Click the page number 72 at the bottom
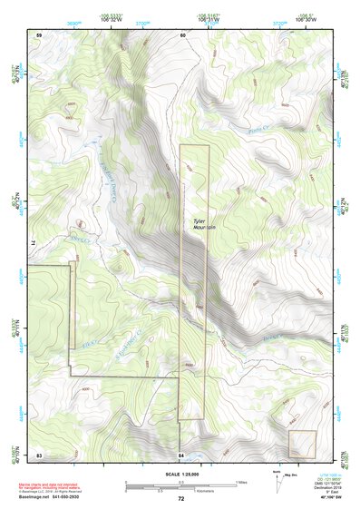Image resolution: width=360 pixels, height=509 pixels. click(x=180, y=499)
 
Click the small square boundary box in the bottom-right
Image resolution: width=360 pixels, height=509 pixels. click(x=302, y=444)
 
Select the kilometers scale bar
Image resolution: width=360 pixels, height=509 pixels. click(x=180, y=487)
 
